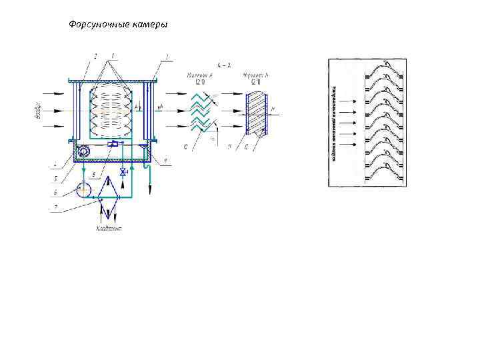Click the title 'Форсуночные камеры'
pos(119,25)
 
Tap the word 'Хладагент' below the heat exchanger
pos(109,229)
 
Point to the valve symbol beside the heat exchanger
pos(123,172)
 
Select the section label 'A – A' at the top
pos(224,65)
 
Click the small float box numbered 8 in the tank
pos(114,144)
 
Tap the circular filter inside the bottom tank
pos(83,152)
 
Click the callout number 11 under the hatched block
pos(229,147)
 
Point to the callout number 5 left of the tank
pos(57,177)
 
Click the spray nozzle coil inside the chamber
pos(113,107)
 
